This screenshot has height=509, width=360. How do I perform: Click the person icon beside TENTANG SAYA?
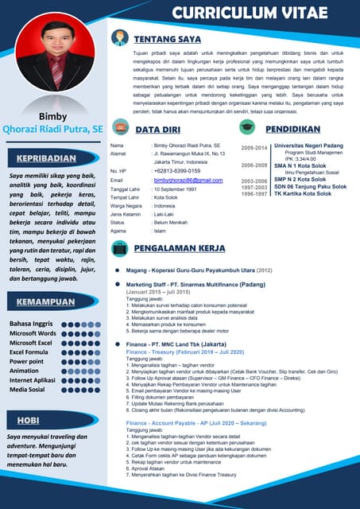point(119,37)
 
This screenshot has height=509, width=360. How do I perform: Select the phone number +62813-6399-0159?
point(176,171)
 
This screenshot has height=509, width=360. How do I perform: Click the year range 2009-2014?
point(254,148)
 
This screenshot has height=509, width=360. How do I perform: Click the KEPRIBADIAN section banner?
point(52,157)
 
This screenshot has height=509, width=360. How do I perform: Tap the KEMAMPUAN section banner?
point(52,302)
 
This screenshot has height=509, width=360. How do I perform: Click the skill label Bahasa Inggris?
point(32,324)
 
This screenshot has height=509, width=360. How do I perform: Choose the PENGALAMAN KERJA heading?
point(181,248)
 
